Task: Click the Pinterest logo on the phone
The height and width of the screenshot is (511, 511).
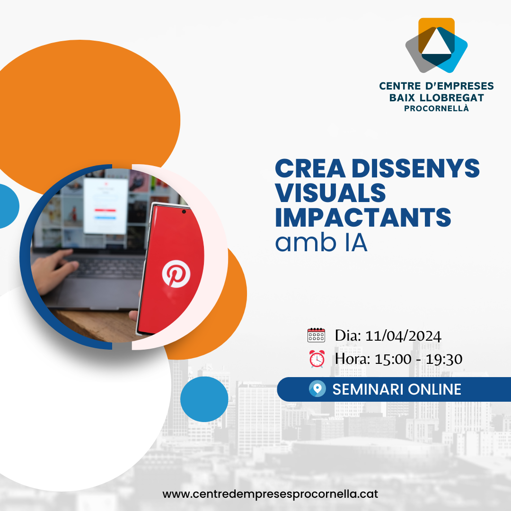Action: (x=176, y=274)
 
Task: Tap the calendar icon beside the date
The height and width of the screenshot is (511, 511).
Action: (x=316, y=335)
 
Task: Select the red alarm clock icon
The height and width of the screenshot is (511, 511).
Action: (x=317, y=359)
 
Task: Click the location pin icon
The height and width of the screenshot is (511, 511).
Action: (x=317, y=389)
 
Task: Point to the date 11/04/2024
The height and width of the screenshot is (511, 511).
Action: (x=403, y=336)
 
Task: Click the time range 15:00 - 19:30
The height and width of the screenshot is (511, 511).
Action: (x=418, y=359)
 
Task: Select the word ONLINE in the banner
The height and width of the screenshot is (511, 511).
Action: (x=434, y=389)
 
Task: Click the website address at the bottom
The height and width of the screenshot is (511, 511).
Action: (x=270, y=494)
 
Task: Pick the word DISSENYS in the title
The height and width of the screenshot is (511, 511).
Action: (x=415, y=168)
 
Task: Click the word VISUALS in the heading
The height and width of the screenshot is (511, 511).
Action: (x=330, y=193)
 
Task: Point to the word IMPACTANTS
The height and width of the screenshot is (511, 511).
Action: (x=363, y=217)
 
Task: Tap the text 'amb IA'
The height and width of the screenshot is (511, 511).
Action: (x=321, y=243)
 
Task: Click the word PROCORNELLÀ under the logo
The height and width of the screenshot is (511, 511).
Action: (x=437, y=108)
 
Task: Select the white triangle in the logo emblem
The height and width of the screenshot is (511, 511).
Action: (x=437, y=42)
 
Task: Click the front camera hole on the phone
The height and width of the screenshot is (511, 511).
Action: (x=184, y=211)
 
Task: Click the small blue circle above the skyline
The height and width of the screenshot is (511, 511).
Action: (x=204, y=399)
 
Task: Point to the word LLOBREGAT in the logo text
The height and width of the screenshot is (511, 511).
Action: (x=452, y=98)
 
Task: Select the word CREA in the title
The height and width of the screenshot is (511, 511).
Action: (x=310, y=168)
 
